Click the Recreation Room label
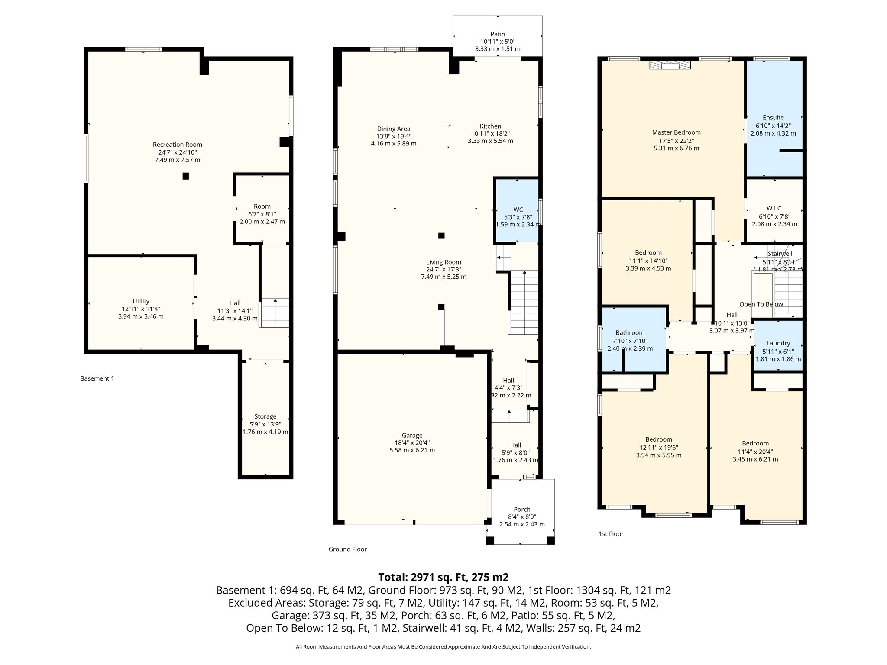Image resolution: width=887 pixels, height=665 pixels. click(178, 145)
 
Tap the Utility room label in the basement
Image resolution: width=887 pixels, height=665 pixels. click(141, 301)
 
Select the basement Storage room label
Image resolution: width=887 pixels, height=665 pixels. click(265, 416)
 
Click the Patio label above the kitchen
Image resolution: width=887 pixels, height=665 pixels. click(498, 34)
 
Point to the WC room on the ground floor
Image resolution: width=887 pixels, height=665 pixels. click(517, 210)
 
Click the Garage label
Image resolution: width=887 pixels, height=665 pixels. click(412, 435)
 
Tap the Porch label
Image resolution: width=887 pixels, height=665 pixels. click(522, 509)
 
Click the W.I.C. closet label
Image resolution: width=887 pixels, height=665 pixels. click(774, 208)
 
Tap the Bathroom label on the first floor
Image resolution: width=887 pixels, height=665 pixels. click(630, 333)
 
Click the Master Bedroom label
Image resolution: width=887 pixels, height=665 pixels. click(676, 132)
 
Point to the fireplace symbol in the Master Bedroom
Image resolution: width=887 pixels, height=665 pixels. click(670, 65)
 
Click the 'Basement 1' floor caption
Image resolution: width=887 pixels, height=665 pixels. click(97, 378)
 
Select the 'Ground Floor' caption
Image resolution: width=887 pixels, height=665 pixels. click(347, 549)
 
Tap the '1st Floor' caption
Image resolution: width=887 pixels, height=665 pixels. click(611, 534)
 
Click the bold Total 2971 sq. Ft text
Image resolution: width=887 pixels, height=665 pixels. click(443, 577)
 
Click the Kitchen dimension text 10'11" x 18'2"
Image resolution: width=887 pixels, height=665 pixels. click(490, 134)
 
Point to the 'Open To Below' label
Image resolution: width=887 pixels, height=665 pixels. click(761, 304)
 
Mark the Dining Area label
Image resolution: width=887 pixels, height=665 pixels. click(393, 129)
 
